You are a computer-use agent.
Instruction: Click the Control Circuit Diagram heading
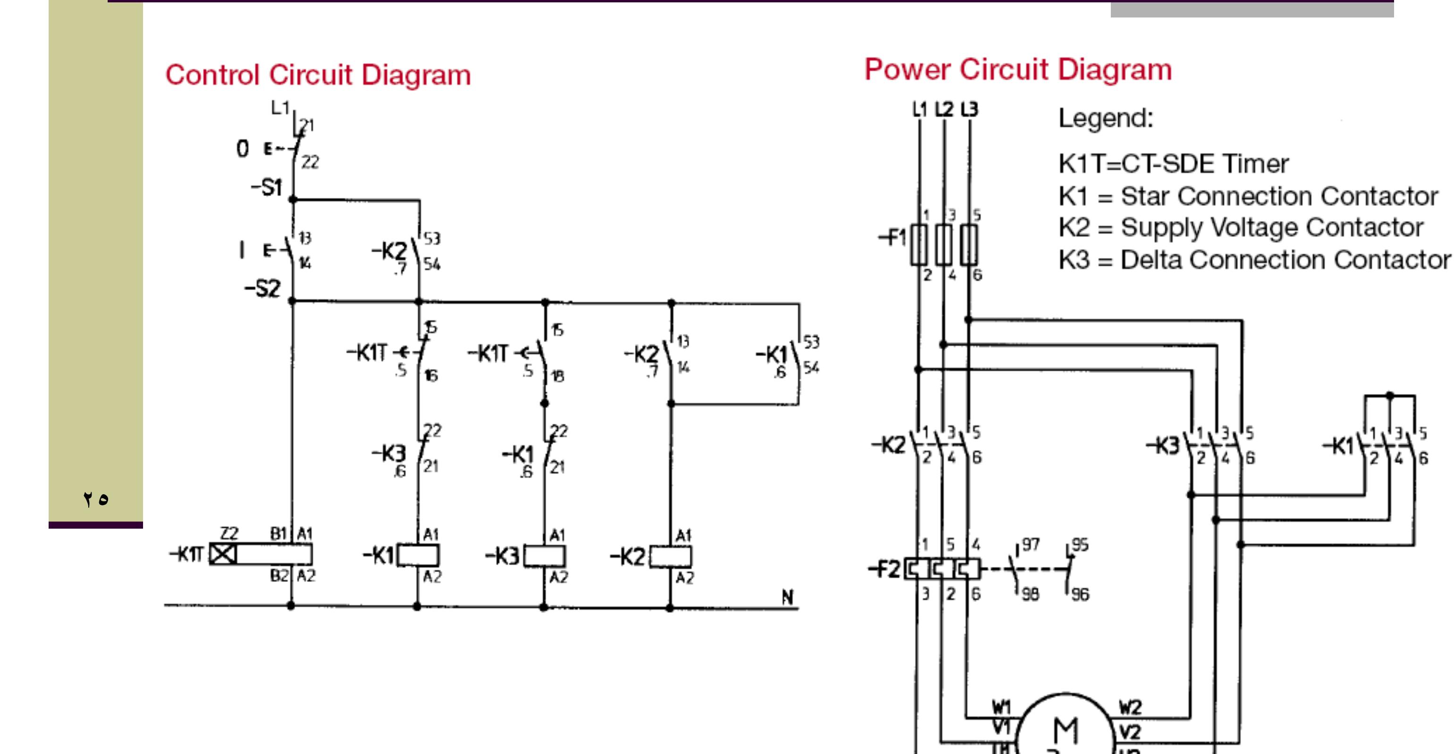coord(318,75)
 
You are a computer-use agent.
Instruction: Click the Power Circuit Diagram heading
coord(1018,70)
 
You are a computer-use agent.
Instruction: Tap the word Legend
coord(1105,119)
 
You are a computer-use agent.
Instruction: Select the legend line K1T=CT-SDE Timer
coord(1173,164)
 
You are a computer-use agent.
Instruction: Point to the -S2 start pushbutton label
coord(262,289)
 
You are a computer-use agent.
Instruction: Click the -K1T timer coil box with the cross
coord(223,554)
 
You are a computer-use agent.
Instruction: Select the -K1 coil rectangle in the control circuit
coord(418,555)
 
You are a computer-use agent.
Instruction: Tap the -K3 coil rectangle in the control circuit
coord(545,557)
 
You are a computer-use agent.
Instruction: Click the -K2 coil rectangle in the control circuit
coord(670,557)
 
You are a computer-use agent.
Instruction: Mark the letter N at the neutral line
coord(787,597)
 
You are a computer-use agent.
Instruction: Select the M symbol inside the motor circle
coord(1065,730)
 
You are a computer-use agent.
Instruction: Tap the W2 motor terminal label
coord(1130,707)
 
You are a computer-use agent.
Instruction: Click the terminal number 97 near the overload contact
coord(1031,544)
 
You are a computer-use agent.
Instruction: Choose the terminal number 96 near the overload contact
coord(1080,594)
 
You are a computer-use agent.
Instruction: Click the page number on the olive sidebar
coord(95,499)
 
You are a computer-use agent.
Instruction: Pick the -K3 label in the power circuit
coord(1163,446)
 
